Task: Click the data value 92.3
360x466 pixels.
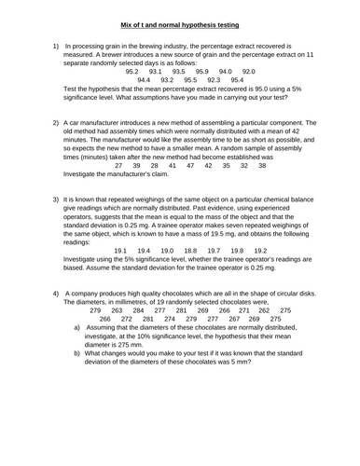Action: [214, 80]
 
